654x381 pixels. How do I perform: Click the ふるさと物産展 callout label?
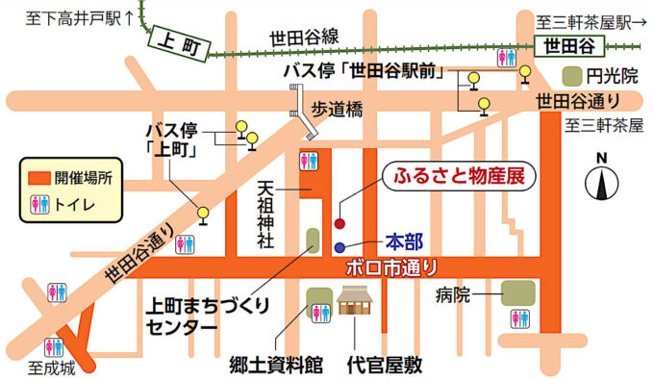[455, 177]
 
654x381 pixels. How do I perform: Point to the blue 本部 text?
[403, 240]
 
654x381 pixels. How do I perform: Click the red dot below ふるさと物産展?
[339, 223]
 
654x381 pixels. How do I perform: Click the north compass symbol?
[603, 180]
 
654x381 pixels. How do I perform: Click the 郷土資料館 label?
[276, 365]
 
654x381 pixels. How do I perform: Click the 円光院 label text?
[610, 74]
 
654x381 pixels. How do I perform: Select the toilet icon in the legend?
[38, 203]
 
